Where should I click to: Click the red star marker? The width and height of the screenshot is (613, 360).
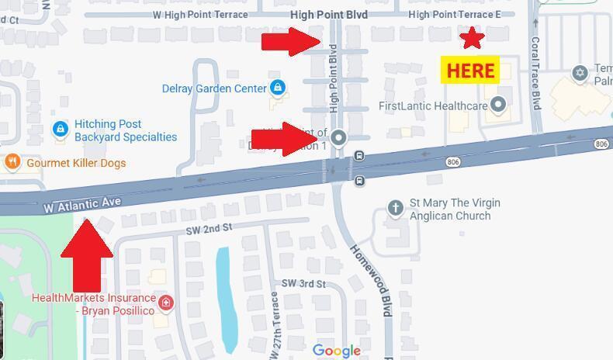point(472,37)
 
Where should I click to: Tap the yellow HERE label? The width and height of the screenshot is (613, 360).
point(470,71)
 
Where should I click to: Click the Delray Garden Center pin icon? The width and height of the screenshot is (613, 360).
point(277,88)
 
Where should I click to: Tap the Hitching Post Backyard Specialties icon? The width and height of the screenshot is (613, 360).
point(60,130)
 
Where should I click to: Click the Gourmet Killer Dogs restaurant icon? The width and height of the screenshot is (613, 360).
point(12,162)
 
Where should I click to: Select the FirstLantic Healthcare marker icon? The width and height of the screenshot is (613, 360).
point(498,105)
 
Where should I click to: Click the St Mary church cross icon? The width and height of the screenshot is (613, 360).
point(395,208)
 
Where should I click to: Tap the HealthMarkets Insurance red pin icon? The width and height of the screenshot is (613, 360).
point(165,303)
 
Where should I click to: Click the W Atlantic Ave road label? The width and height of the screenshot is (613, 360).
point(82,205)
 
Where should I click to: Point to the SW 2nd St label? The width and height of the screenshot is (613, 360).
point(209,228)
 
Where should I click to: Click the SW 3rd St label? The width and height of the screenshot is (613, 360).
point(303,284)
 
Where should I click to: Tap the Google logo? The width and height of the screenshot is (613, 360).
point(337,351)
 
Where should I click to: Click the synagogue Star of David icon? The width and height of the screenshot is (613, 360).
point(579,73)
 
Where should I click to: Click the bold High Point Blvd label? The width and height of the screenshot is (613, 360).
point(329,15)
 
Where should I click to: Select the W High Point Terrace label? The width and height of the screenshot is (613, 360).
point(200,15)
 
